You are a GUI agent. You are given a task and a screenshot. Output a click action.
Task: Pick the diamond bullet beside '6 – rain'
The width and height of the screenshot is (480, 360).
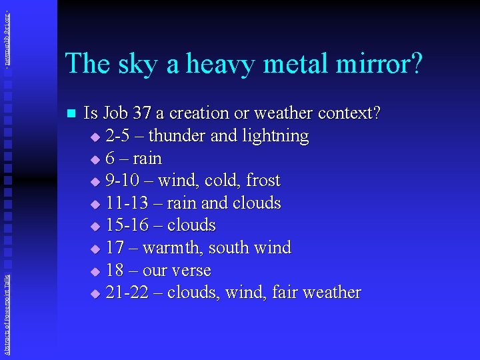[x=94, y=159]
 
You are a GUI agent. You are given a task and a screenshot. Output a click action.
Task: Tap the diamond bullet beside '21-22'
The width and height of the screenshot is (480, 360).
[x=94, y=293]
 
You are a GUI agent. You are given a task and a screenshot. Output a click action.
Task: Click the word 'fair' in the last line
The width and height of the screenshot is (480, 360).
[x=285, y=293]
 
